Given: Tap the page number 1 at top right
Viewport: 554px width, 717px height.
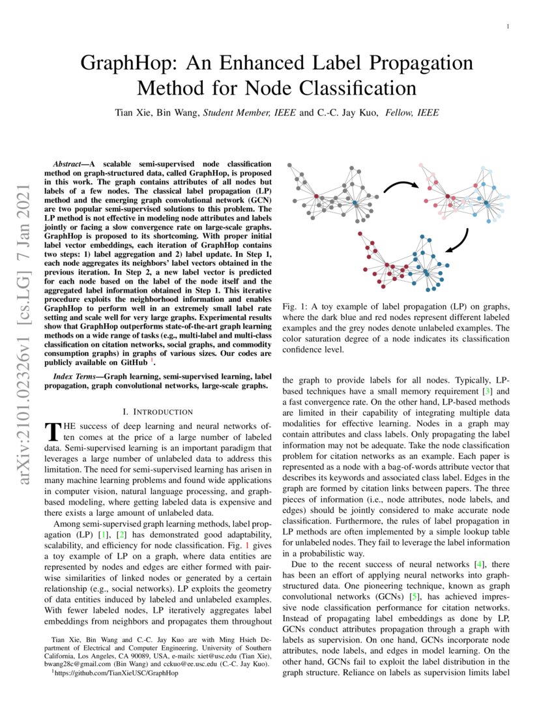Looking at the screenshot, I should (506, 27).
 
